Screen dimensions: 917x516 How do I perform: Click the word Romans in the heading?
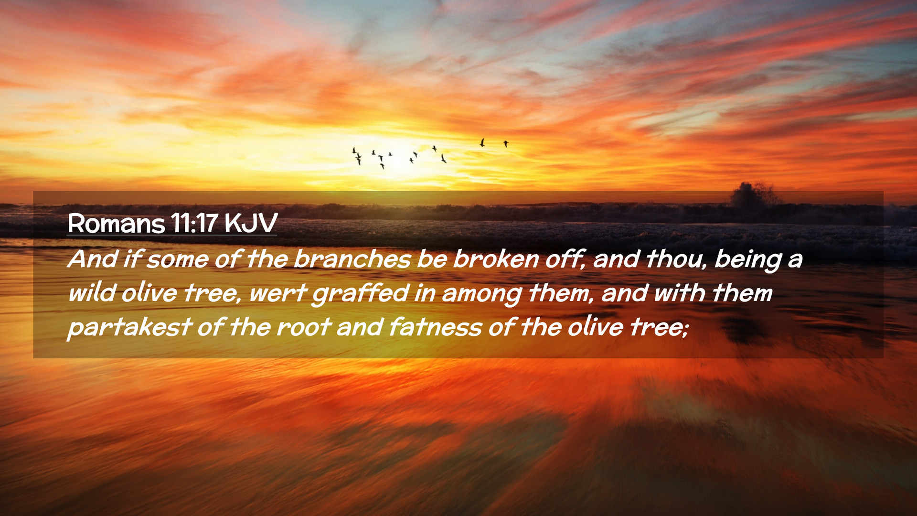(x=116, y=223)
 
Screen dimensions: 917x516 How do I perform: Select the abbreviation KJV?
(x=251, y=223)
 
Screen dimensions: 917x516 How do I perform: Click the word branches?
(x=352, y=259)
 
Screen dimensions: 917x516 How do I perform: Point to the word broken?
(x=496, y=259)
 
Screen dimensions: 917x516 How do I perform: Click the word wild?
(x=92, y=292)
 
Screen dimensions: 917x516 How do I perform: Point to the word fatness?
(x=435, y=327)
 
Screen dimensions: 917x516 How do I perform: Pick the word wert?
(x=277, y=293)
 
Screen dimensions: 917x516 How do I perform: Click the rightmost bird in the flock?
(x=506, y=143)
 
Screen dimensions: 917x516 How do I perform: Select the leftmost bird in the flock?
(x=354, y=150)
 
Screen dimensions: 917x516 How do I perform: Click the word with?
(x=679, y=292)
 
